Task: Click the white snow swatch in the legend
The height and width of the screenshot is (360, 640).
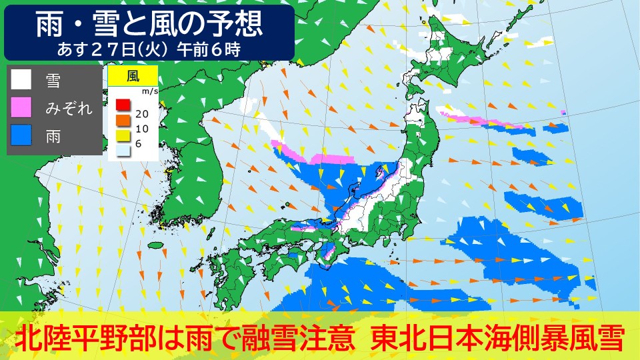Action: coord(21,80)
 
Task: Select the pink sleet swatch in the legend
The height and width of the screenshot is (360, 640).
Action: coord(21,107)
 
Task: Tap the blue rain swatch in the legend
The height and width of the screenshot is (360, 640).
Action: coord(21,135)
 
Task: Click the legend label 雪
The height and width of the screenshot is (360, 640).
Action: coord(53,81)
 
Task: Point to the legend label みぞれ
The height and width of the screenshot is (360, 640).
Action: coord(69,109)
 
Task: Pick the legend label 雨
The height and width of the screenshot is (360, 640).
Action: coord(53,136)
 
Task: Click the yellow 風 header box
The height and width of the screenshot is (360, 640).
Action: coord(133,74)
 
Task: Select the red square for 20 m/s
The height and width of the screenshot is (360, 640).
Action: coord(122,105)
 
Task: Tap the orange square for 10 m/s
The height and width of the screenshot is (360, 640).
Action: coord(122,119)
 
